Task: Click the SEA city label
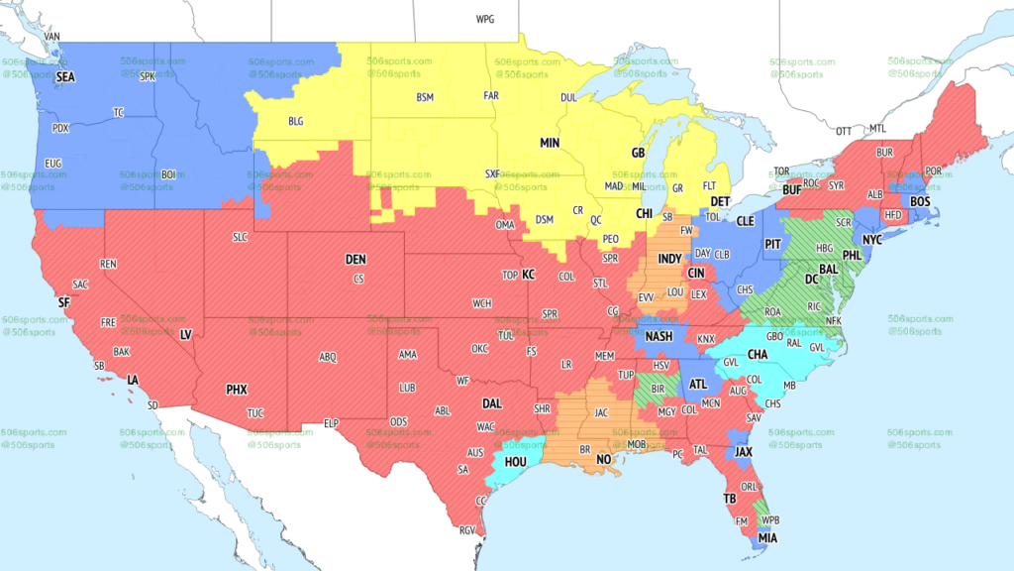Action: point(65,76)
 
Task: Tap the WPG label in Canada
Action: point(484,20)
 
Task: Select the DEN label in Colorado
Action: point(355,259)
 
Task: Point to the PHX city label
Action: point(237,390)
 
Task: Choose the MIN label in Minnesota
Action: point(550,143)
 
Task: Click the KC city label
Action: point(529,275)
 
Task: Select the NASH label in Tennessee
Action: point(659,337)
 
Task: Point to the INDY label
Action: point(670,258)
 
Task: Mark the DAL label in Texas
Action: point(492,403)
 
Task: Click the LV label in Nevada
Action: point(185,335)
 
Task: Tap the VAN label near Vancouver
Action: point(52,37)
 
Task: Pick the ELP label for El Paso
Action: point(332,423)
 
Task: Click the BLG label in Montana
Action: point(296,121)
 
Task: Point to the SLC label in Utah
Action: point(241,237)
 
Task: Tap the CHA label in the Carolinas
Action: point(758,354)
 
